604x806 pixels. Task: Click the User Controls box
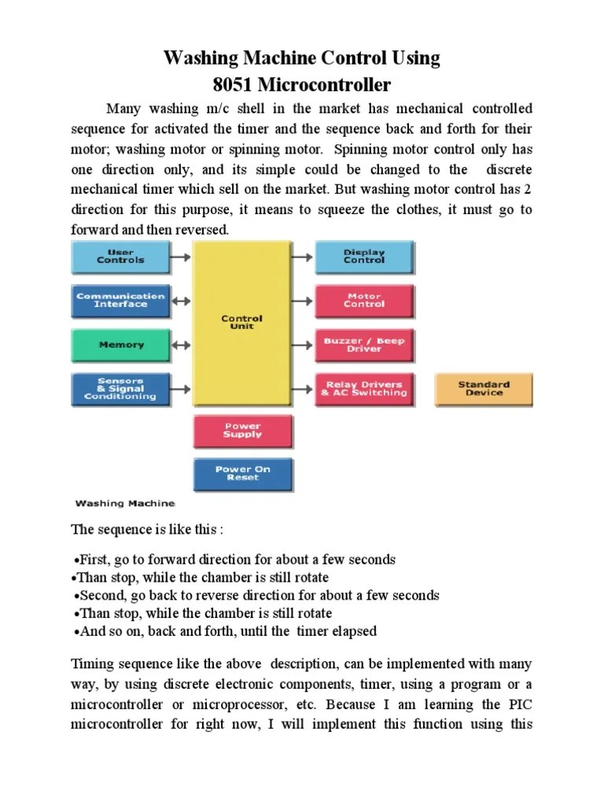click(120, 257)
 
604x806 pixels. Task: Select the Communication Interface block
click(120, 301)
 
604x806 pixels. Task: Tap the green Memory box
click(120, 345)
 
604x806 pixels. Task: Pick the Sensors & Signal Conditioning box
click(120, 389)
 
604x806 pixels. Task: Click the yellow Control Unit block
click(242, 323)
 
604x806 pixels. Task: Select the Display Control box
click(364, 257)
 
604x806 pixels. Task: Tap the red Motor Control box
click(364, 301)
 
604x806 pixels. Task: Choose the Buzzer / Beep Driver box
click(364, 345)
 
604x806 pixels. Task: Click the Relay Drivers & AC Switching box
click(364, 389)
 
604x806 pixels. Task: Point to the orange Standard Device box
click(484, 389)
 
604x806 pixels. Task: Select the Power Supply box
click(243, 431)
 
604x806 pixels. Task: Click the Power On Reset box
click(243, 474)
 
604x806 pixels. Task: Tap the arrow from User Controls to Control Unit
click(181, 257)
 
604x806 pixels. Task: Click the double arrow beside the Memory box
click(181, 345)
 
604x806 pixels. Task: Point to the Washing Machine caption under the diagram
click(125, 502)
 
